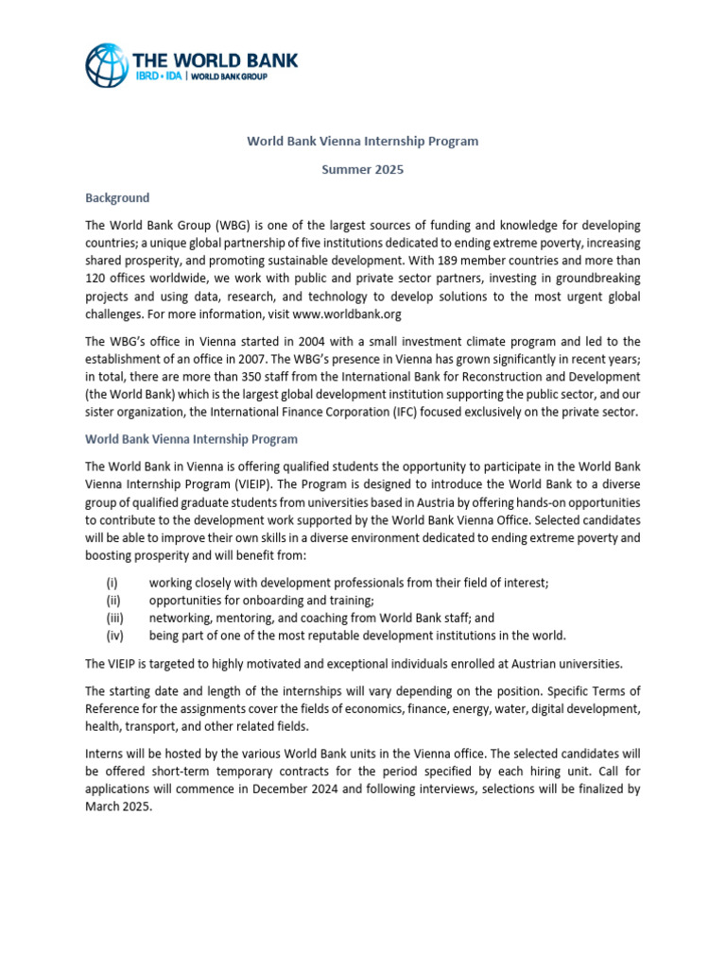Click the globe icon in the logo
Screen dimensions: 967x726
point(107,65)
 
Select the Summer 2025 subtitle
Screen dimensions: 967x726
point(363,170)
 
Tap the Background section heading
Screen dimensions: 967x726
point(117,198)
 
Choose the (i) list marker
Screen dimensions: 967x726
point(112,584)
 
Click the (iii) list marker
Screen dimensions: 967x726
point(113,619)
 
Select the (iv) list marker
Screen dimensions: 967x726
point(113,636)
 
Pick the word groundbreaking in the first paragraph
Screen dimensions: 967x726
point(587,279)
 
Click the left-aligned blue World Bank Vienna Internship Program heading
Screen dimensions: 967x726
point(191,440)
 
